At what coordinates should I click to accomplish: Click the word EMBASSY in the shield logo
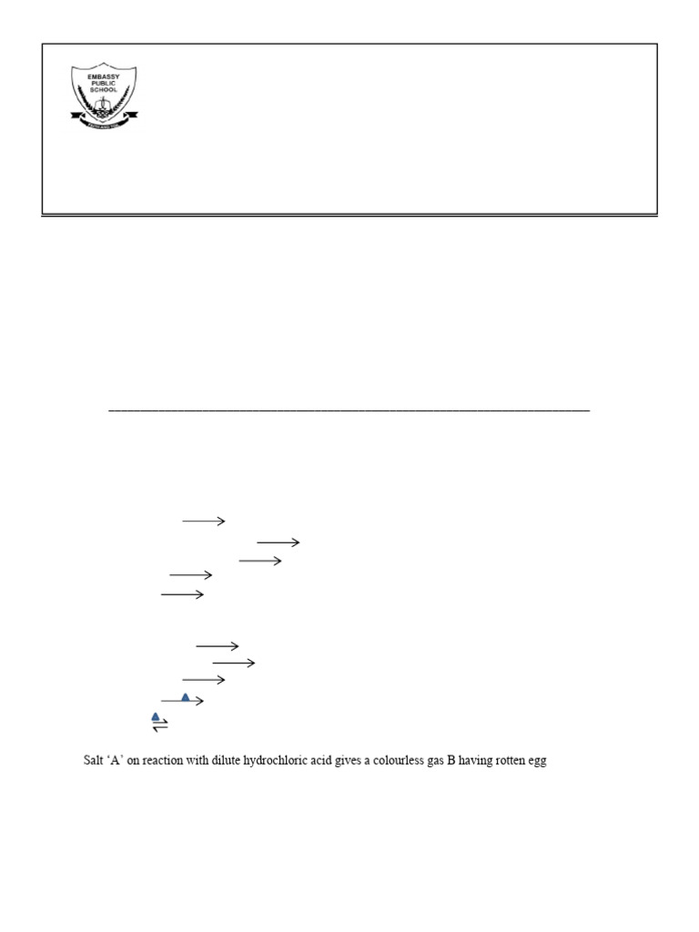coord(104,77)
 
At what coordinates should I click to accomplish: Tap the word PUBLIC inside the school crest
coord(104,85)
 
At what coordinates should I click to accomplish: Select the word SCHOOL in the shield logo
coord(104,92)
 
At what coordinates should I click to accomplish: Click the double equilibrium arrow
coord(160,727)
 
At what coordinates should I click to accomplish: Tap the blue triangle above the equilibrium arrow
coord(156,717)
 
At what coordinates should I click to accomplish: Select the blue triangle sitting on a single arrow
coord(186,697)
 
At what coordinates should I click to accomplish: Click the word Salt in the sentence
coord(94,761)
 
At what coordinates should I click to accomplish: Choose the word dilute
coord(228,761)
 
